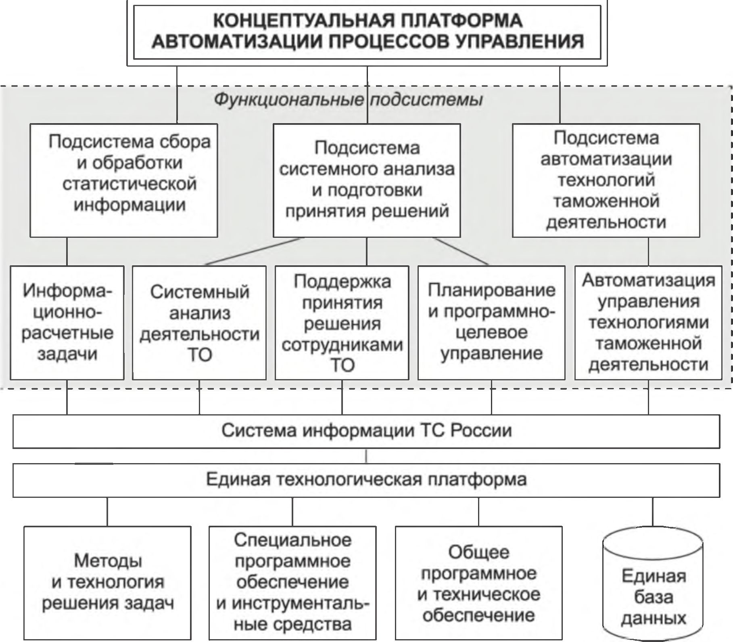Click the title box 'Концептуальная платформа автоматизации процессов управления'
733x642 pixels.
click(367, 32)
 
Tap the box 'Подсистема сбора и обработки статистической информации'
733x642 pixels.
click(124, 180)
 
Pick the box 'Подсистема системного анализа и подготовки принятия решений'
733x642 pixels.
click(367, 180)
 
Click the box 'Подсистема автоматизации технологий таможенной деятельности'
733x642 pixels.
click(606, 180)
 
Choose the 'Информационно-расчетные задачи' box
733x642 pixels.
click(67, 322)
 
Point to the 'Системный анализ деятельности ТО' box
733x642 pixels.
click(199, 322)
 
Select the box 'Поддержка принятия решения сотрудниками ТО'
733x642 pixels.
click(342, 322)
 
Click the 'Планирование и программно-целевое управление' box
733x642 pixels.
click(491, 322)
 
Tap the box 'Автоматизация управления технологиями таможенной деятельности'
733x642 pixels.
click(648, 322)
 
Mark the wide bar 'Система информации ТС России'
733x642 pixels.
click(366, 431)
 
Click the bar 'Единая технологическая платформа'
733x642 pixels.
click(366, 480)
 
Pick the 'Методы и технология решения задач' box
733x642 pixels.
click(107, 583)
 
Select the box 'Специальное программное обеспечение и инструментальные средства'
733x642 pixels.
click(292, 583)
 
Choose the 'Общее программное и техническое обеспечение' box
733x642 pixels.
click(479, 583)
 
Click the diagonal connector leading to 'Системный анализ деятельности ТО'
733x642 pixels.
click(253, 251)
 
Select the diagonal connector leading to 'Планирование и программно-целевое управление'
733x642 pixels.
click(461, 251)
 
